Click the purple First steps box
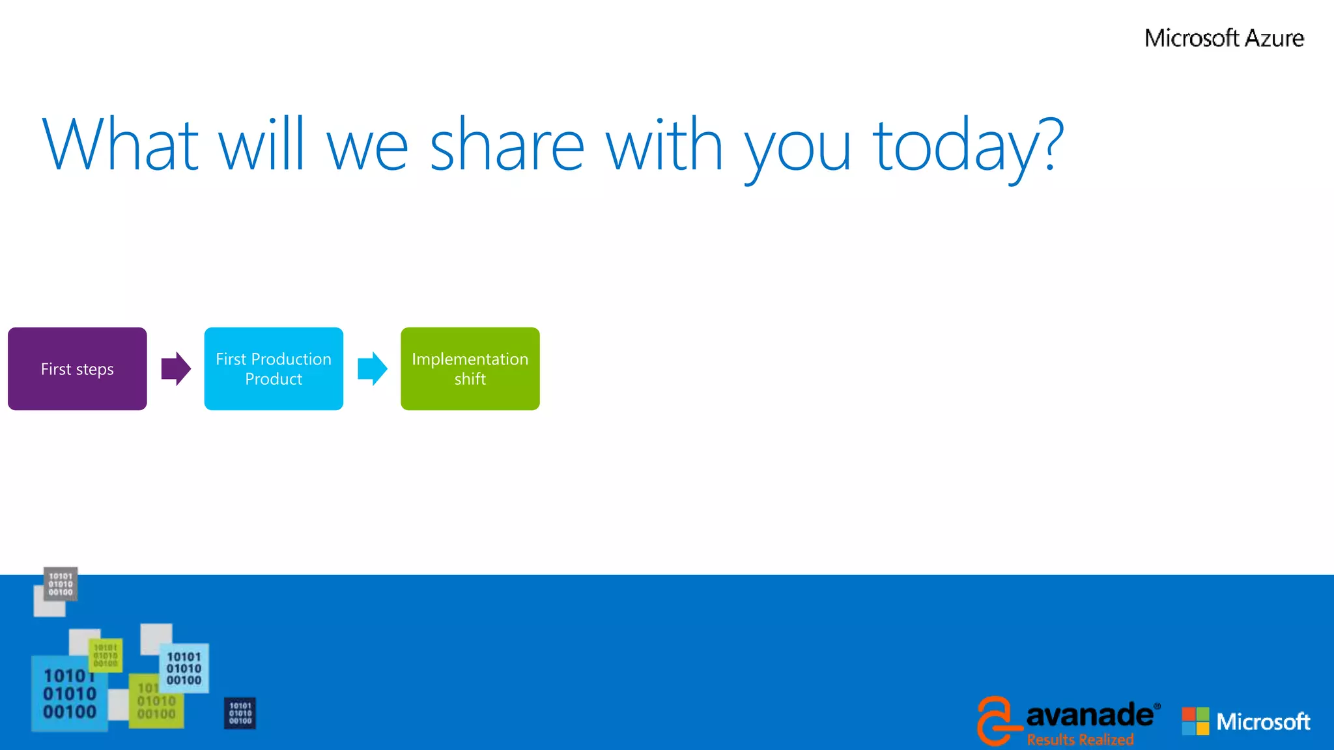coord(77,368)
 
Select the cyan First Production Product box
coord(274,368)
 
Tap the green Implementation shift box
coord(470,368)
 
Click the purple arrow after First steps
coord(176,368)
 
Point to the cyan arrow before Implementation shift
coord(373,368)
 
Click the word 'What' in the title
coord(121,145)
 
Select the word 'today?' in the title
coord(968,145)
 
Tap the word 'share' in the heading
coord(507,145)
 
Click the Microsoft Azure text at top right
coord(1224,38)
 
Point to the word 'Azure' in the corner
coord(1274,38)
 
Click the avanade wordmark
coord(1089,715)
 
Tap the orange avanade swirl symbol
coord(995,720)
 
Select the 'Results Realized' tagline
coord(1080,740)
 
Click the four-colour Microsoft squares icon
coord(1195,721)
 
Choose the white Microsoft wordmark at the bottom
coord(1263,721)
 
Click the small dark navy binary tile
coord(240,713)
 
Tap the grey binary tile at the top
coord(61,583)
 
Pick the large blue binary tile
coord(69,694)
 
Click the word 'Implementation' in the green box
coord(470,359)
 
